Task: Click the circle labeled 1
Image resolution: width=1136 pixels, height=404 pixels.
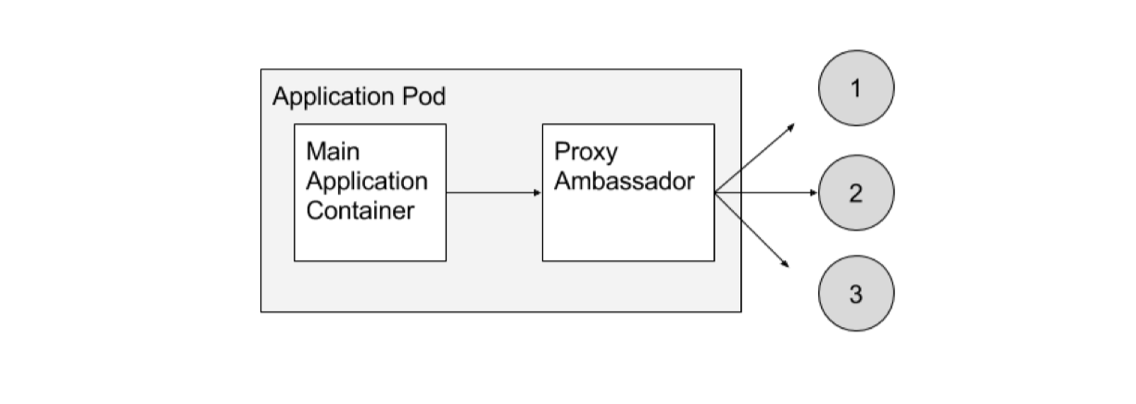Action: point(855,88)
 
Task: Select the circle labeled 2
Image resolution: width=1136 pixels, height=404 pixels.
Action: point(855,193)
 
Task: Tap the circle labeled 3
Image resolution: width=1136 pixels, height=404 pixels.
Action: point(855,296)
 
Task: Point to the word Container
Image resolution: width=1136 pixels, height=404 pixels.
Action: point(360,210)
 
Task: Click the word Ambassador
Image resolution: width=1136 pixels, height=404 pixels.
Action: point(624,180)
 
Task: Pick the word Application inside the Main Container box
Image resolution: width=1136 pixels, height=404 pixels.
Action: point(367,180)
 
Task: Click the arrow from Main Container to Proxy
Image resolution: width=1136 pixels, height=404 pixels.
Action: point(493,193)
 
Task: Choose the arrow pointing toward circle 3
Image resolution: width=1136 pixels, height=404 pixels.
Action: point(753,231)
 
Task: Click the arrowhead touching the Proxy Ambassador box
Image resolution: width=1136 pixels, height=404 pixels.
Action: point(537,193)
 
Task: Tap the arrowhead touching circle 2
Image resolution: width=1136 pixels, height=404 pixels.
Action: point(814,193)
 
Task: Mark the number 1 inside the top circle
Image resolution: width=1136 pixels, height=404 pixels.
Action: point(855,88)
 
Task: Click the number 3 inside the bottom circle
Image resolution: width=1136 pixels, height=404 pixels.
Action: point(855,296)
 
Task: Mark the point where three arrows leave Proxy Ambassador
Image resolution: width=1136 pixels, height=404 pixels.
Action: point(715,193)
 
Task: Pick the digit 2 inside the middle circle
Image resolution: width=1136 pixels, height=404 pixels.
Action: point(855,193)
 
